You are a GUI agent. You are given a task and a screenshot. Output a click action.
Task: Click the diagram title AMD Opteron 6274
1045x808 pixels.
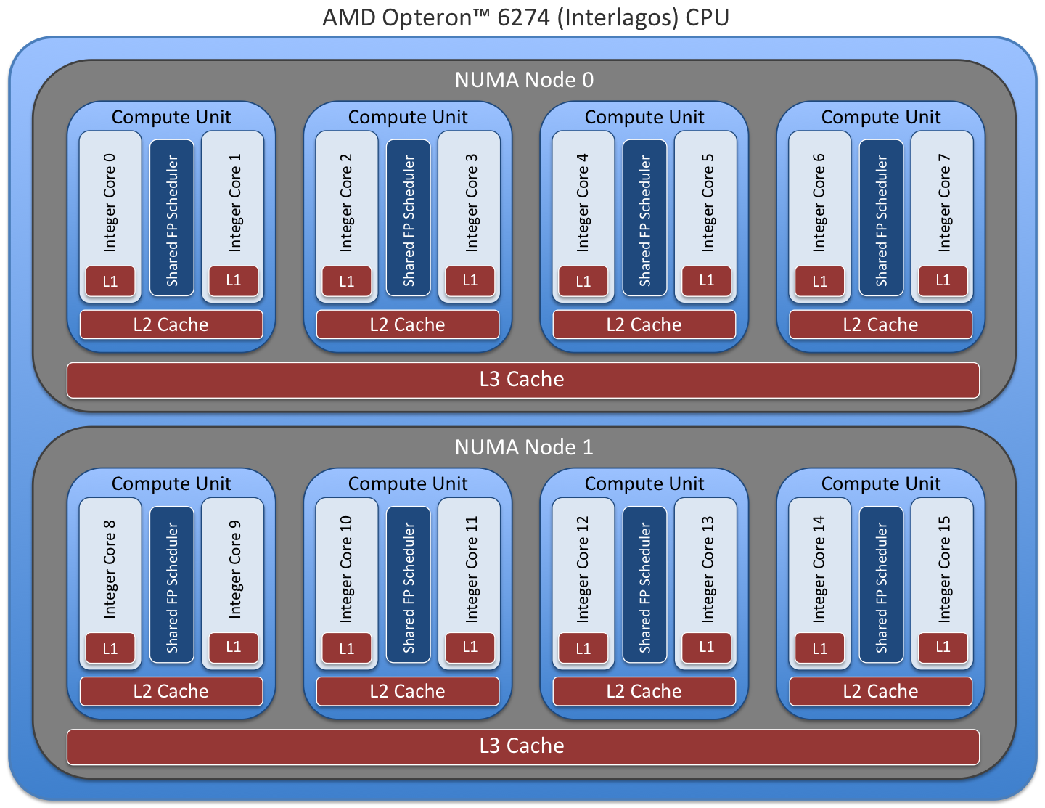(x=525, y=17)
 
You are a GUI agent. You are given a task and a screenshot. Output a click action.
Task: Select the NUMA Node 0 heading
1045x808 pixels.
(x=524, y=80)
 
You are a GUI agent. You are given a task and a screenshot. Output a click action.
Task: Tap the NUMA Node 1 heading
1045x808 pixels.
(x=524, y=447)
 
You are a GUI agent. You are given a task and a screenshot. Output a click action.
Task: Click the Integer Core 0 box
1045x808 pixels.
(x=110, y=203)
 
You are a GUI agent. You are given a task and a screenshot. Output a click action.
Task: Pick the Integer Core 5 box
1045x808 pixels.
(x=707, y=203)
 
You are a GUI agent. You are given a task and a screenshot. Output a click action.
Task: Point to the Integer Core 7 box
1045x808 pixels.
(x=943, y=203)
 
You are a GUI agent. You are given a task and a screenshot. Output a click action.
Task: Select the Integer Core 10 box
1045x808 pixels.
(x=346, y=570)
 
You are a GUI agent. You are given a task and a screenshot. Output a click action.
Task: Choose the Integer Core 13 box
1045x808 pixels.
(x=707, y=570)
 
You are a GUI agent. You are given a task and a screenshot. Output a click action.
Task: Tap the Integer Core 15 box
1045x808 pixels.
(x=943, y=570)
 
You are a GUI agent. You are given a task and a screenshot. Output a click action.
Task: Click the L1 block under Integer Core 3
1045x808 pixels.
(x=470, y=281)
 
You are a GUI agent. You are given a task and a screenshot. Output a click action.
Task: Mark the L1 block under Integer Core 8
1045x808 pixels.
(x=110, y=648)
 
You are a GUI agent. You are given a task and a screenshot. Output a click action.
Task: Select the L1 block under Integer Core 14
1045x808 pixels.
(x=819, y=648)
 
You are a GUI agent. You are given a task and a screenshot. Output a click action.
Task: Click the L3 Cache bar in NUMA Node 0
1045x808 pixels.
(x=522, y=380)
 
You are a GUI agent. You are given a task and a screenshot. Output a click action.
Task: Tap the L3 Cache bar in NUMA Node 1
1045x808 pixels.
(x=522, y=746)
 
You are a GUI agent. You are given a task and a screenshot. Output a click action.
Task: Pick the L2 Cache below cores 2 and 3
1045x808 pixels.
(x=408, y=325)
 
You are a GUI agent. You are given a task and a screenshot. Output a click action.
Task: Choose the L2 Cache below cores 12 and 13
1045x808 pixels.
(x=644, y=691)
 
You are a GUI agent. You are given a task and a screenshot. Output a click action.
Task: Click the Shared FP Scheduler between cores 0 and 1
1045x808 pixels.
(x=172, y=218)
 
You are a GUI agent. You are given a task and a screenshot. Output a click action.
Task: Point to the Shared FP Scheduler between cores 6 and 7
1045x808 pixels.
(x=881, y=218)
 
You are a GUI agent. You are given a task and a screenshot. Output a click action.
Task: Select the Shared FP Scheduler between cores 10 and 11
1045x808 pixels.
(x=409, y=584)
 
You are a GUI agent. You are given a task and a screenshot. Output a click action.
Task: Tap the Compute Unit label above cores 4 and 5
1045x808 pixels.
(x=644, y=117)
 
